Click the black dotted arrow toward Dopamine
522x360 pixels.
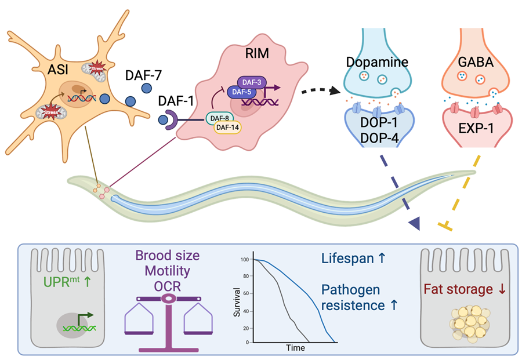(x=316, y=91)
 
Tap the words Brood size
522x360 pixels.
(x=168, y=256)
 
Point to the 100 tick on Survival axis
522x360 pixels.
(x=248, y=260)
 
